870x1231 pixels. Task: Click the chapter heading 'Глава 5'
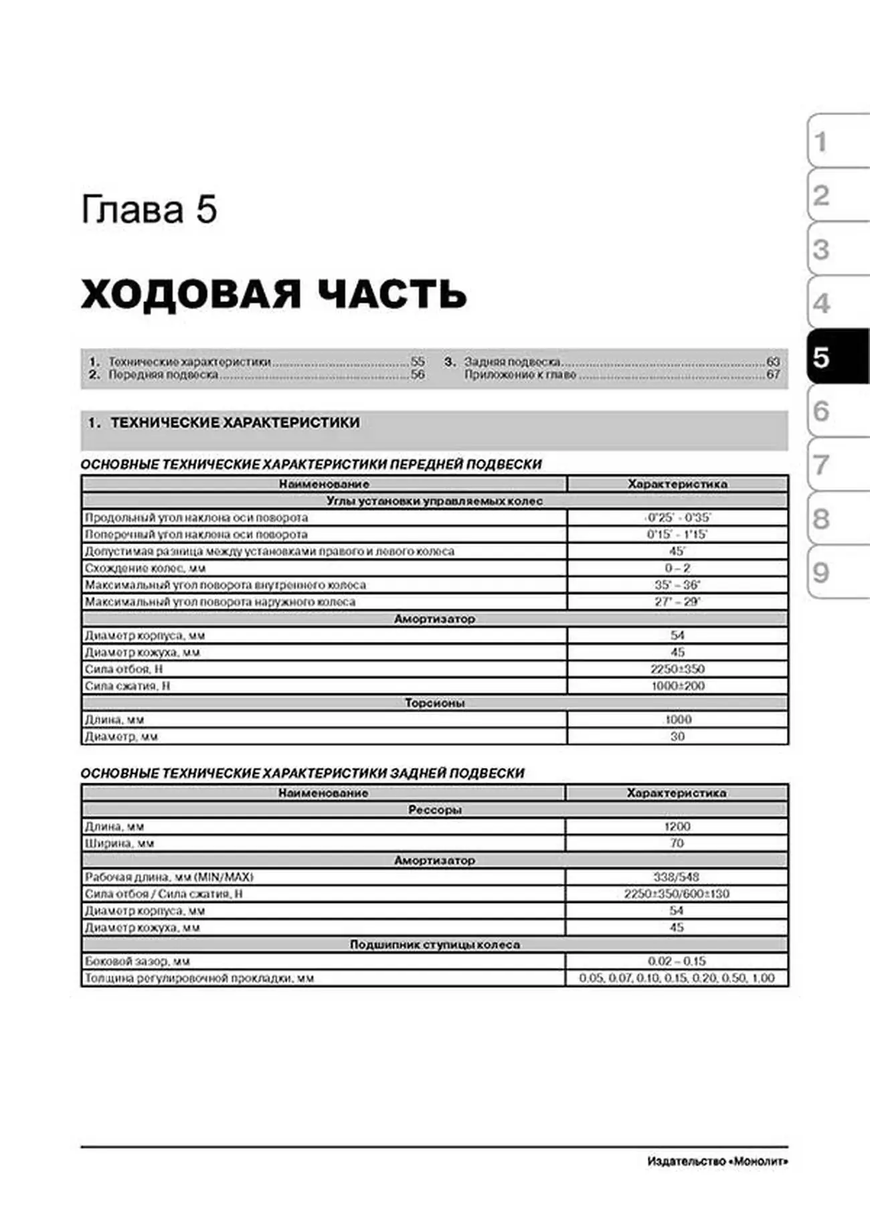[149, 210]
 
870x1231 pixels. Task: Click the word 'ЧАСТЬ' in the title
[391, 294]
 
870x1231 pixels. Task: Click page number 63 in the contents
[773, 361]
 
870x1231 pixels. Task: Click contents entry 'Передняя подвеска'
[163, 375]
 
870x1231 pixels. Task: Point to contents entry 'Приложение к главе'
[520, 375]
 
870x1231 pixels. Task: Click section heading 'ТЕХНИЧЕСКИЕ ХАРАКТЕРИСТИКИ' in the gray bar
[235, 422]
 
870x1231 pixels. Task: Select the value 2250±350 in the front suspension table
[677, 669]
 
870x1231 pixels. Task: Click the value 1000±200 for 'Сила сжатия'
[677, 685]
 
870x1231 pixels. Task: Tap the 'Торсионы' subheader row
[434, 703]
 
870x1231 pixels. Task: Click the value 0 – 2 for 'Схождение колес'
[677, 568]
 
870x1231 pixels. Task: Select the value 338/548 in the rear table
[677, 877]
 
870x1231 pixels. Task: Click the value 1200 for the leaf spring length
[677, 827]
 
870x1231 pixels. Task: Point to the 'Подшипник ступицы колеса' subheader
[434, 945]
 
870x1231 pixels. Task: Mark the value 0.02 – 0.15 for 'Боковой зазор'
[677, 961]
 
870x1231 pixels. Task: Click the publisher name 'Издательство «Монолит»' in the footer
[717, 1161]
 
